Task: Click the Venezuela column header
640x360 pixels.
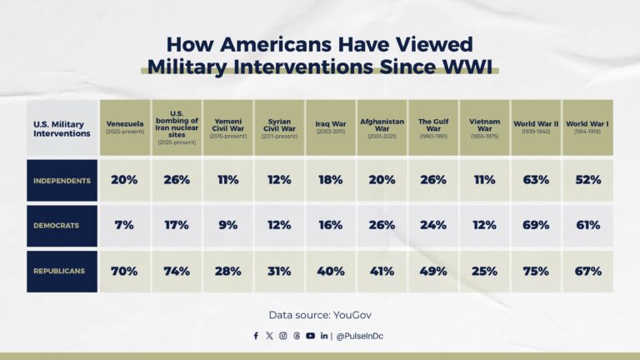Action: tap(125, 127)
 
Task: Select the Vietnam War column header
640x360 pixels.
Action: tap(484, 127)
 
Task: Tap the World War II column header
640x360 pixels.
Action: tap(536, 127)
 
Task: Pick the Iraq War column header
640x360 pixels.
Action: tap(330, 127)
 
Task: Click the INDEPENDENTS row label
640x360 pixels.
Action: tap(61, 180)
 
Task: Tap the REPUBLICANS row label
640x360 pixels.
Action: tap(61, 272)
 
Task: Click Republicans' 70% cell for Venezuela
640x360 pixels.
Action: tap(125, 272)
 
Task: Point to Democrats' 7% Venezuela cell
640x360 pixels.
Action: tap(125, 226)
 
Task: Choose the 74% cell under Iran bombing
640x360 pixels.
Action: tap(176, 272)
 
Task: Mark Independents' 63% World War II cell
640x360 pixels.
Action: tap(536, 180)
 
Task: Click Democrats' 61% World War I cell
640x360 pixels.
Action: tap(587, 226)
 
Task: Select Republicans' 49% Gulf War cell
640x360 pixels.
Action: tap(433, 272)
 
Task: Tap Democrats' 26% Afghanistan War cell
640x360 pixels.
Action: tap(382, 226)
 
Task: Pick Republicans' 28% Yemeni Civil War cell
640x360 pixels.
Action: tap(227, 272)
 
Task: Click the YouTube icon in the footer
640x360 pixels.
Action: tap(310, 336)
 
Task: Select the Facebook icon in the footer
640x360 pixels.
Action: tap(256, 336)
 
